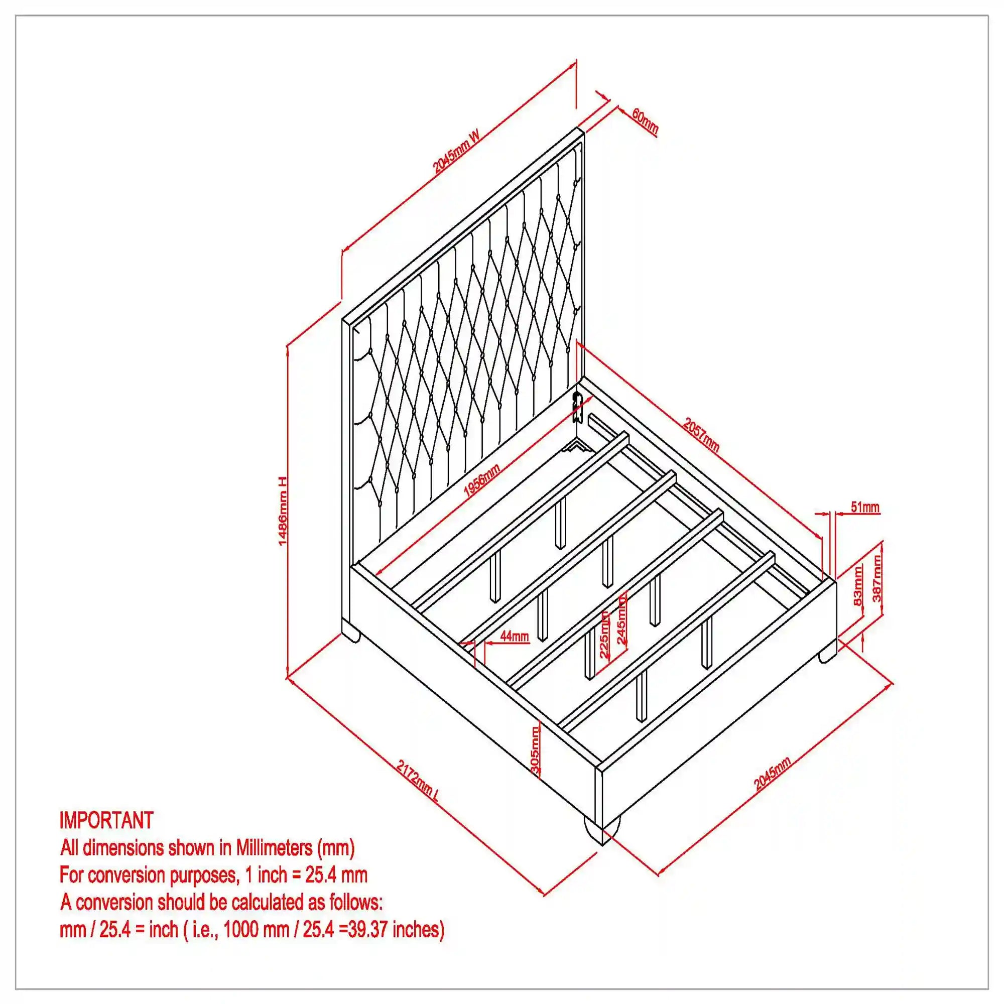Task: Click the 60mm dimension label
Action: point(645,121)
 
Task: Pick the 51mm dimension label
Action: point(865,507)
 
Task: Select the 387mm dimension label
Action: point(876,578)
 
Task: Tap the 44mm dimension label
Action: point(515,636)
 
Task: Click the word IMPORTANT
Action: point(106,820)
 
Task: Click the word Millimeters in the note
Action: point(274,847)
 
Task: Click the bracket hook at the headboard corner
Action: point(576,408)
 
